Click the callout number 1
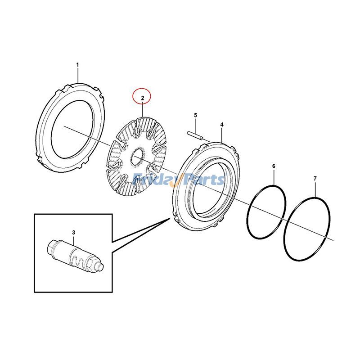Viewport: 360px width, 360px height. click(77, 65)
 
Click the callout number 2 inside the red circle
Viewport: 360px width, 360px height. click(143, 97)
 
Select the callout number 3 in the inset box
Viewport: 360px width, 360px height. click(73, 232)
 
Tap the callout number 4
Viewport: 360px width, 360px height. click(221, 124)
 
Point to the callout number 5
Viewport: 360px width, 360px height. click(196, 115)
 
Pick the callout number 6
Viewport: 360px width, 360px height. click(273, 166)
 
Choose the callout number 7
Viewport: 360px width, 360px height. click(315, 179)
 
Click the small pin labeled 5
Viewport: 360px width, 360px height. click(195, 133)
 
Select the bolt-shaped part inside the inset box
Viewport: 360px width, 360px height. click(75, 256)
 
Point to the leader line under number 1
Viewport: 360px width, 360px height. click(77, 75)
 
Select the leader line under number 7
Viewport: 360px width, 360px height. click(315, 189)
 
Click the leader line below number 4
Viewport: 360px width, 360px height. click(221, 134)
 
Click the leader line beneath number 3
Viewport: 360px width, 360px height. click(73, 240)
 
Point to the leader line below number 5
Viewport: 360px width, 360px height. click(196, 125)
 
